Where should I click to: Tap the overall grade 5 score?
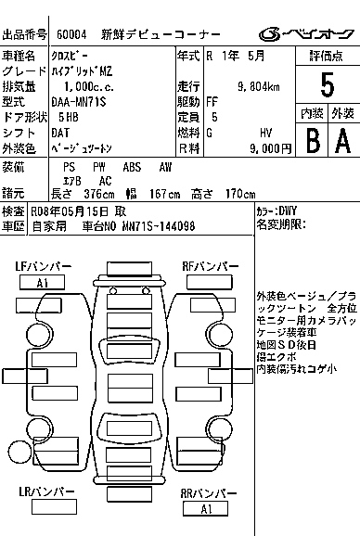pos(327,85)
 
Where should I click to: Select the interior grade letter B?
pos(312,140)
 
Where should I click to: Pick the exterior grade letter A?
pos(342,140)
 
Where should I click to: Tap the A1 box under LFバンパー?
pos(42,283)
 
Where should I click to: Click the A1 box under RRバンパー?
pos(205,509)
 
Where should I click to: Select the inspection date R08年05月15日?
pos(70,211)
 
